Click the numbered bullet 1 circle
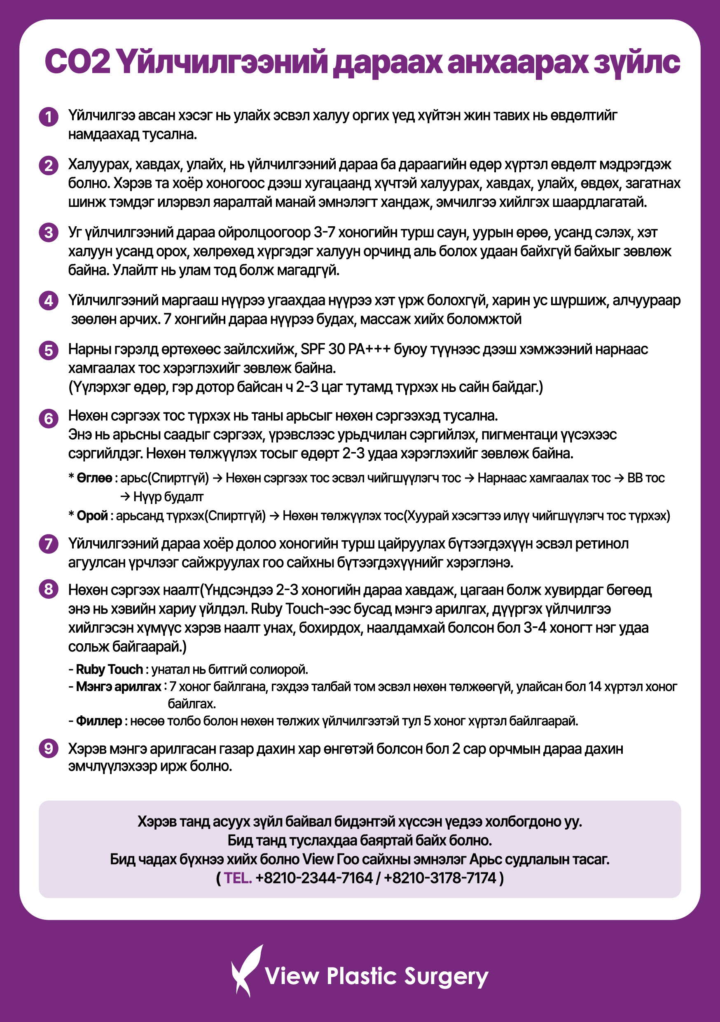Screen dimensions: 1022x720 [x=49, y=117]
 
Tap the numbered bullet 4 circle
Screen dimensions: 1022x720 [x=49, y=301]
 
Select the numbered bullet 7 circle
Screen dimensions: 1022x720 [x=49, y=544]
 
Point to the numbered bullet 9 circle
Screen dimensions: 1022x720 [x=49, y=748]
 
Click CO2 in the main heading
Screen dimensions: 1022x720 [x=77, y=62]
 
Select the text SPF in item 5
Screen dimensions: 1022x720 [x=313, y=349]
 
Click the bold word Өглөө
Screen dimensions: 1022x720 [x=94, y=478]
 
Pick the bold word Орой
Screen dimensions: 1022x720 [x=92, y=516]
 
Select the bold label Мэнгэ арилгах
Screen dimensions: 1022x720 [x=118, y=687]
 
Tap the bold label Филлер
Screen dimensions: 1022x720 [x=99, y=721]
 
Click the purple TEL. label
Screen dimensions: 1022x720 [x=238, y=878]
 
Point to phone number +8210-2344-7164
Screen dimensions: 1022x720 [x=314, y=878]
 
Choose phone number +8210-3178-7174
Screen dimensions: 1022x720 [x=440, y=878]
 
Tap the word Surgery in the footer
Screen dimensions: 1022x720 [x=446, y=977]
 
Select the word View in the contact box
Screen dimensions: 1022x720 [x=318, y=859]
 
